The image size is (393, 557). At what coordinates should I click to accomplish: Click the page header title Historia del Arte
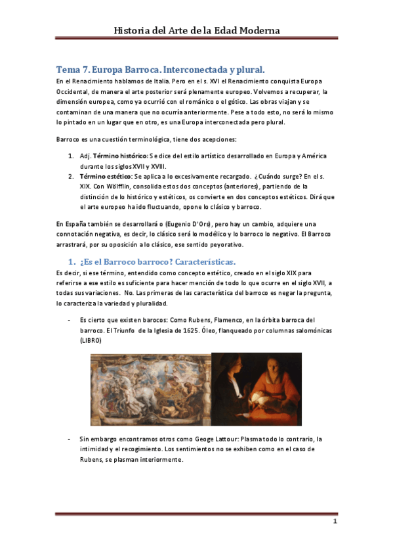(x=197, y=31)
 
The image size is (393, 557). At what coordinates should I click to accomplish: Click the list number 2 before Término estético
(x=71, y=177)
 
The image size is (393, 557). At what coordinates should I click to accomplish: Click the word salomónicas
(x=313, y=330)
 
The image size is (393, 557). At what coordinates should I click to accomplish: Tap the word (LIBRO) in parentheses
(x=91, y=341)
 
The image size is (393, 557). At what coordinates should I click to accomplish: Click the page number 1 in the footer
(x=334, y=522)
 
